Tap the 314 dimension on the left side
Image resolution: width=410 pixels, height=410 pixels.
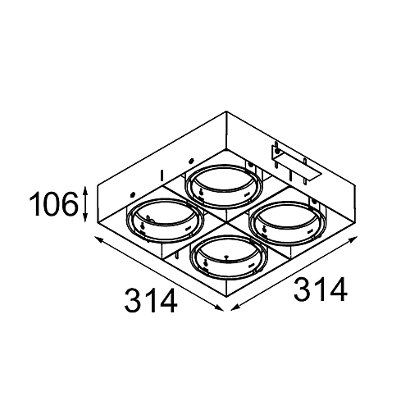coord(152,302)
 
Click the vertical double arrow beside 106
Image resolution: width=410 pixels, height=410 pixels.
coord(86,204)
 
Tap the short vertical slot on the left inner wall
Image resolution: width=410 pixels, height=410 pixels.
coord(164,174)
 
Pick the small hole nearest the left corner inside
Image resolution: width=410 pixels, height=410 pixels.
coord(131,194)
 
